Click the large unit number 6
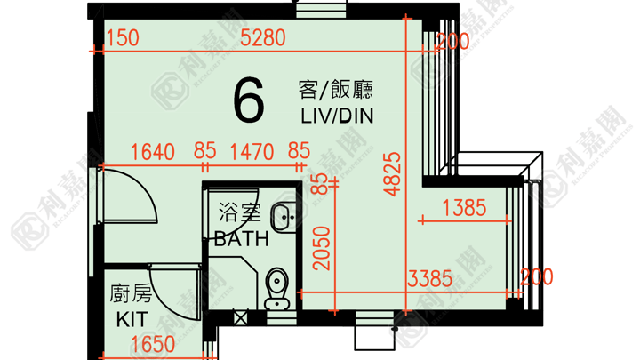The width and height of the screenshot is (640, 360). click(249, 100)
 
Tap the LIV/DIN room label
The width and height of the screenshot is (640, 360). click(337, 116)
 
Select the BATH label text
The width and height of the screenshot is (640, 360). click(242, 239)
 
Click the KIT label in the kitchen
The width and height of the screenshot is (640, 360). click(132, 320)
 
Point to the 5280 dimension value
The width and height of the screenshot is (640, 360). click(263, 38)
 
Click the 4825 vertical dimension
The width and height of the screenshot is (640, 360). click(393, 174)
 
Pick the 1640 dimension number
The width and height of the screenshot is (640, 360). click(153, 152)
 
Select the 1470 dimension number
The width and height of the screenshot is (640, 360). click(252, 152)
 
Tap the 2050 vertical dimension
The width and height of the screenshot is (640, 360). click(322, 248)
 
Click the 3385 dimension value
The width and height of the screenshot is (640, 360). click(430, 279)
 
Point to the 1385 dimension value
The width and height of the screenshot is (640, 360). click(465, 208)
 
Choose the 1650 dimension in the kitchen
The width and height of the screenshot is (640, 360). click(153, 345)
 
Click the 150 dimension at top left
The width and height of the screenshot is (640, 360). click(123, 37)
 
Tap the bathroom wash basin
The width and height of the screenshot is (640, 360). click(284, 217)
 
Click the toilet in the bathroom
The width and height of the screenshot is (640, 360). click(276, 288)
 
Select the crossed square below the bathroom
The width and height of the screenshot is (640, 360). click(240, 317)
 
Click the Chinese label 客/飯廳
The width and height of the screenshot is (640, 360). click(335, 90)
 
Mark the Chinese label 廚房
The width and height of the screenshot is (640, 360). click(131, 294)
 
